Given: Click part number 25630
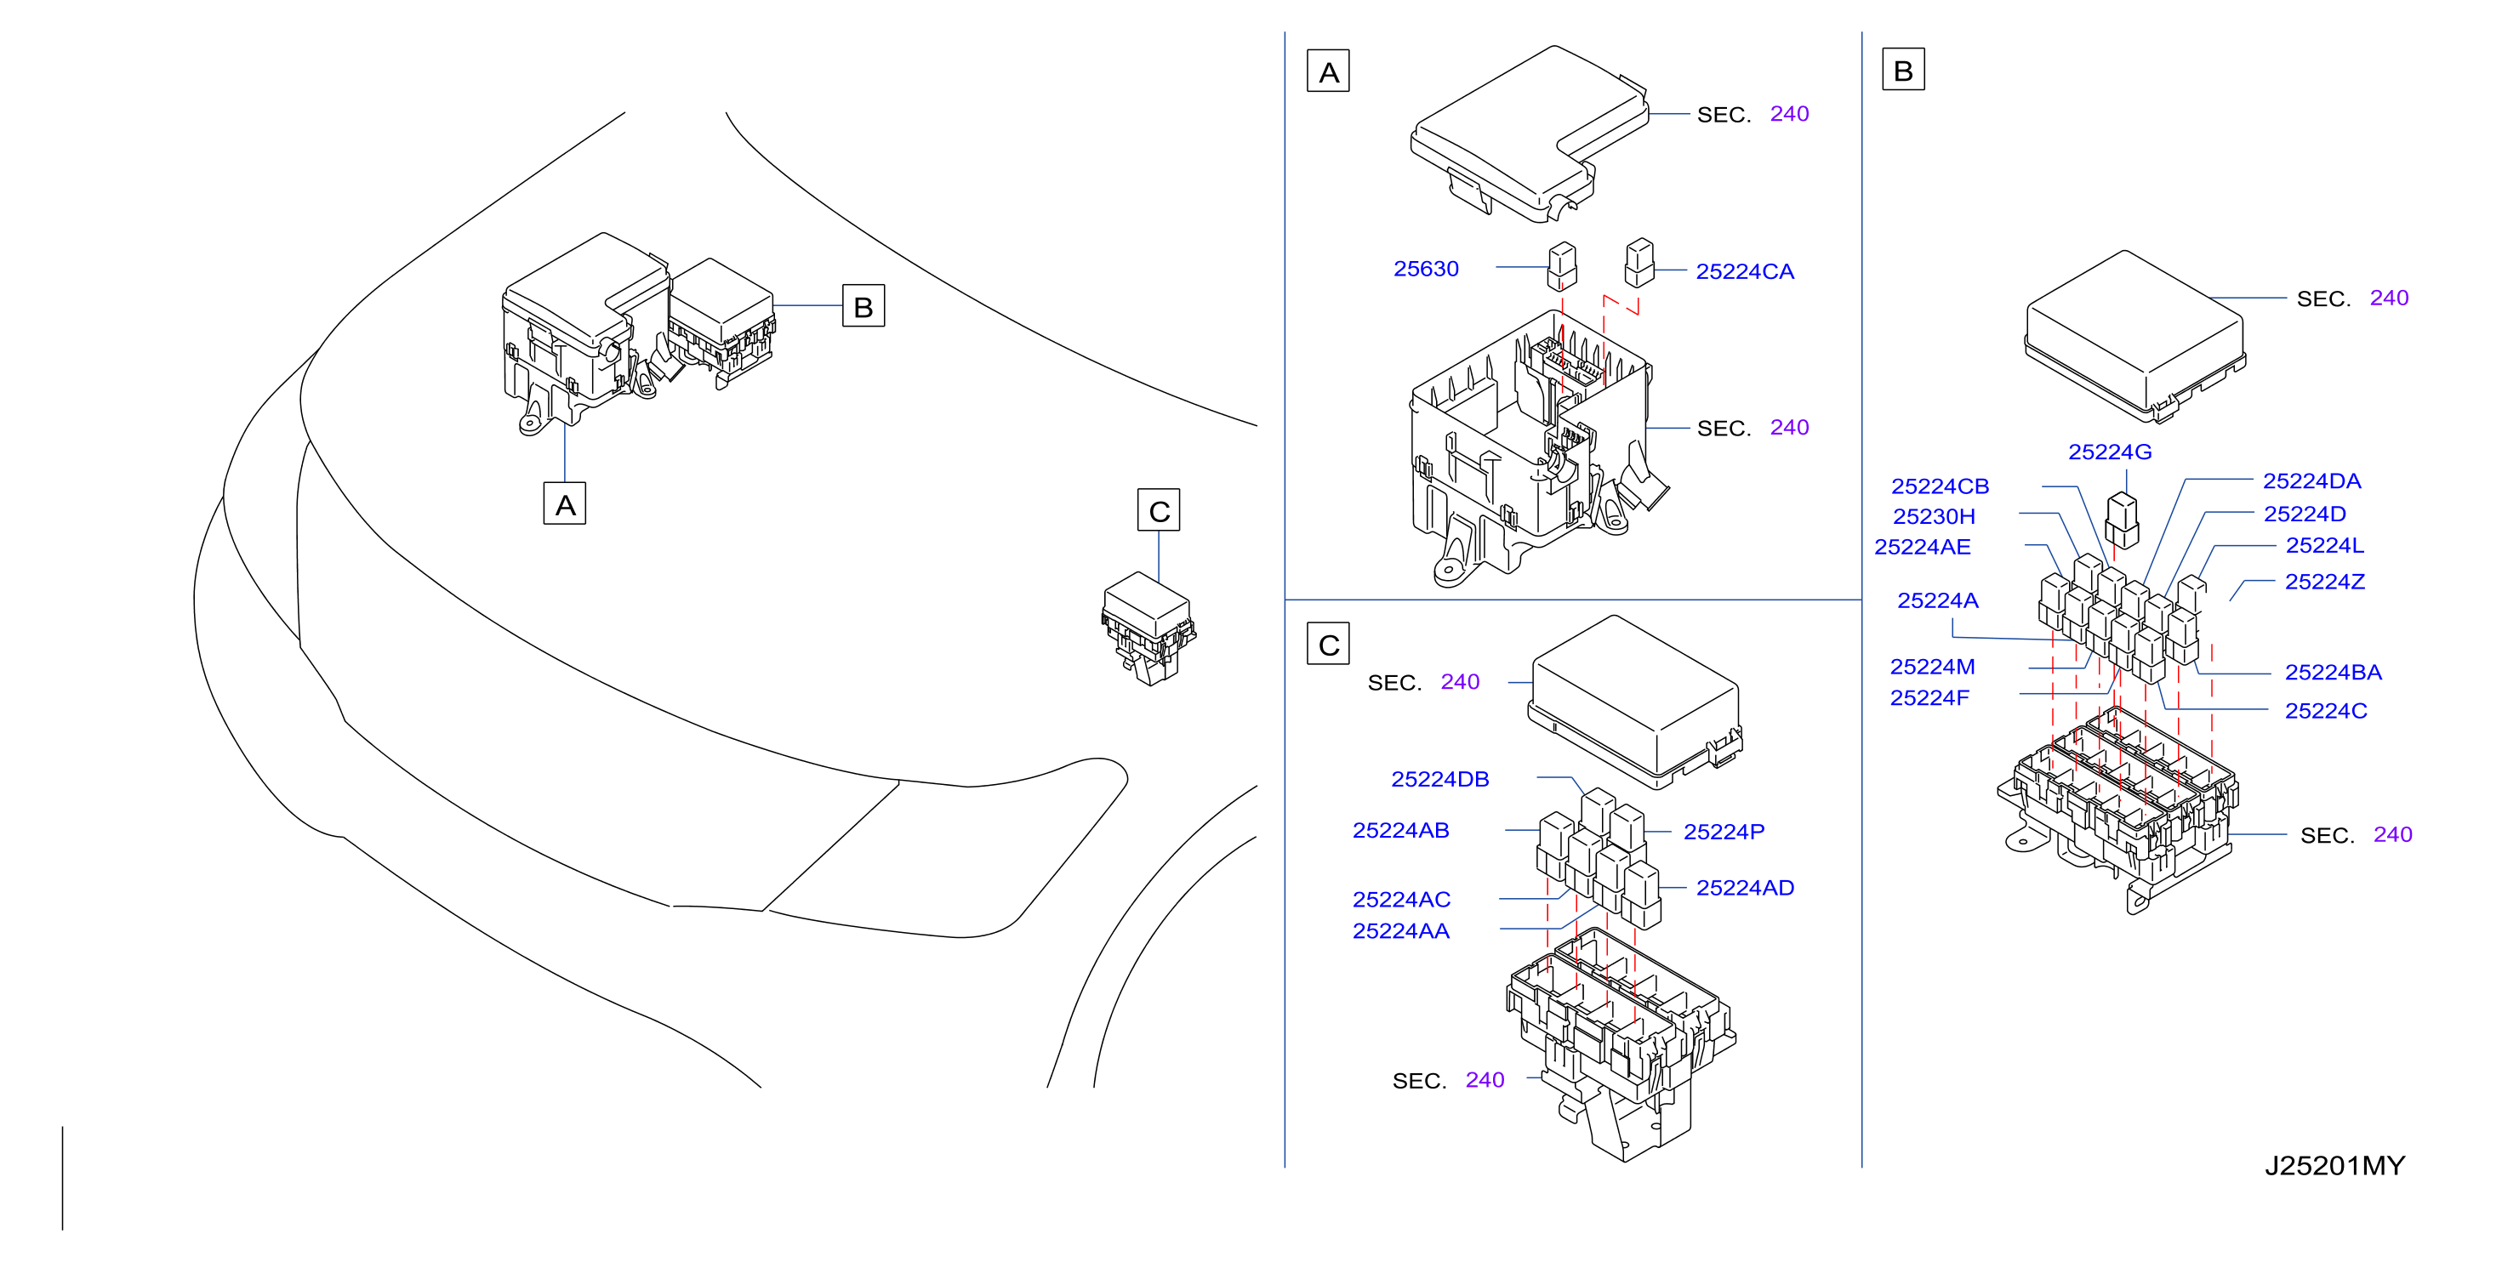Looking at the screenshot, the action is click(1426, 269).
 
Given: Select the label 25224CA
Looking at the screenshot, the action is click(1744, 272).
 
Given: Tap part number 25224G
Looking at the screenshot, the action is click(2110, 452).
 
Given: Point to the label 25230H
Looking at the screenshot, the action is click(1934, 516).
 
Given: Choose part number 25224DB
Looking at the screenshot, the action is click(1439, 780).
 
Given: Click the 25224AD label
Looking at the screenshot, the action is click(1744, 889).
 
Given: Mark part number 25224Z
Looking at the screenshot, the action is click(2324, 582).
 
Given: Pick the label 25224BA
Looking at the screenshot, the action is click(2333, 673).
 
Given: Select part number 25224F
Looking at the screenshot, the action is click(1929, 698).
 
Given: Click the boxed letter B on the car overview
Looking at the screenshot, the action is click(863, 306).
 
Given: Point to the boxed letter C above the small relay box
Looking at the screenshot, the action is click(1159, 510).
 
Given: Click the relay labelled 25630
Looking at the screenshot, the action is click(1562, 266).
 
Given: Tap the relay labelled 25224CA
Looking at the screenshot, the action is click(1639, 263).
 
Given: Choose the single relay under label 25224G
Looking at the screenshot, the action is click(2123, 520).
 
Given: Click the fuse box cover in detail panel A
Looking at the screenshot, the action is click(1529, 131).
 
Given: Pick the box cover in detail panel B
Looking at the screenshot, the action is click(2134, 335).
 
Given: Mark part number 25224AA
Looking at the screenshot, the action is click(1400, 932).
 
